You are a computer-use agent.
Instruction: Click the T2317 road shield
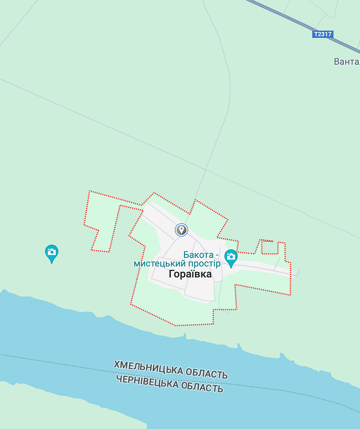pyautogui.click(x=323, y=34)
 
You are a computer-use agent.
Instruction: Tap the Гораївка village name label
pyautogui.click(x=190, y=274)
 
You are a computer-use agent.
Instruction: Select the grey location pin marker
pyautogui.click(x=181, y=230)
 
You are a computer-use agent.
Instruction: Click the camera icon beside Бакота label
pyautogui.click(x=231, y=258)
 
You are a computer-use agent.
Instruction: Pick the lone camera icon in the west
pyautogui.click(x=52, y=253)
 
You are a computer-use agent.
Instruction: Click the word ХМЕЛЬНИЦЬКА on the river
pyautogui.click(x=148, y=368)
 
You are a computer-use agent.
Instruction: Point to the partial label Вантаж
pyautogui.click(x=347, y=62)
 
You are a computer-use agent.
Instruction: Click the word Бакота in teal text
pyautogui.click(x=198, y=255)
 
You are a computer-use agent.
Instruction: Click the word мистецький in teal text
pyautogui.click(x=158, y=264)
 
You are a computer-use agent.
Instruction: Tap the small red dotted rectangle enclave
pyautogui.click(x=270, y=247)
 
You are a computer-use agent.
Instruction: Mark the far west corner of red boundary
pyautogui.click(x=84, y=225)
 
